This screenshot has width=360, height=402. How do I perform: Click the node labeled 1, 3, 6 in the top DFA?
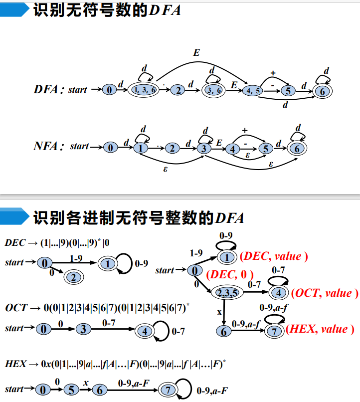[144, 90]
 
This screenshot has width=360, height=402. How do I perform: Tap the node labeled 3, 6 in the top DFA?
[214, 90]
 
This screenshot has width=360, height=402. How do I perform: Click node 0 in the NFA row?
[111, 148]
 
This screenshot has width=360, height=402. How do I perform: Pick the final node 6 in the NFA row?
[297, 148]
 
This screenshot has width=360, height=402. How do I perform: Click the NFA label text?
[49, 147]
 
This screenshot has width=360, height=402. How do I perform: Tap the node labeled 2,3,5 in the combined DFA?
[226, 292]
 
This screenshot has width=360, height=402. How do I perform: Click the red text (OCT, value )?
[325, 293]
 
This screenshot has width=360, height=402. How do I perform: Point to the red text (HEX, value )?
[321, 329]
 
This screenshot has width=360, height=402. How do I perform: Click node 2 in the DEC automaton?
[73, 277]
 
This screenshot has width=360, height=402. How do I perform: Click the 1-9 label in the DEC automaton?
[76, 258]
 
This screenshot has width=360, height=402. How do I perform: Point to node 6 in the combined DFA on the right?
[224, 331]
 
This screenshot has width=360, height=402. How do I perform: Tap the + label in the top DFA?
[273, 73]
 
